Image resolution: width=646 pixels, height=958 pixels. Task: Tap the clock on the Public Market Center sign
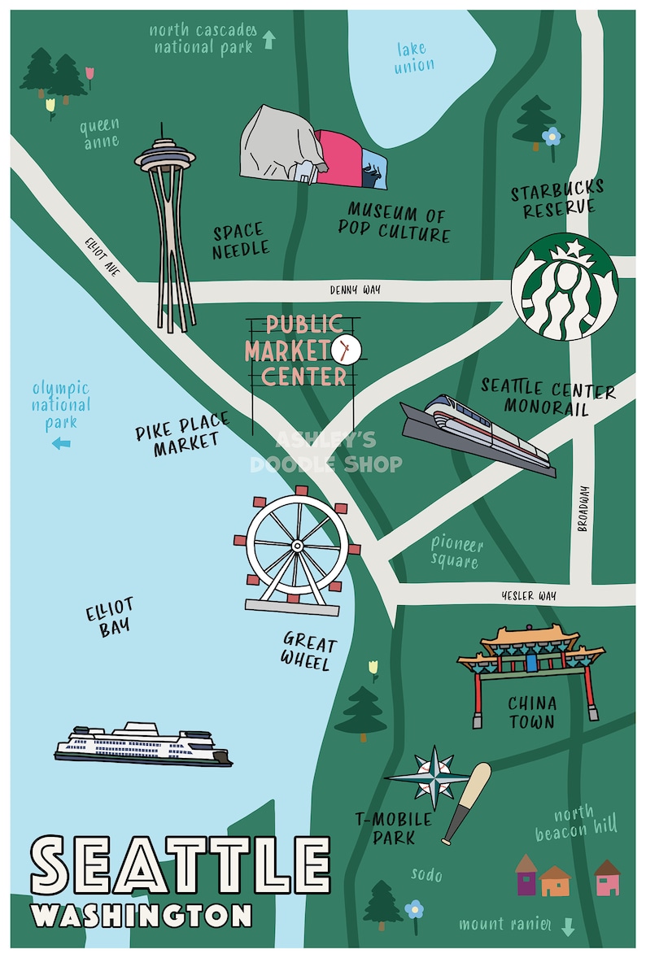[346, 350]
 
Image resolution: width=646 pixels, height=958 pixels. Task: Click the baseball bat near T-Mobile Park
[467, 803]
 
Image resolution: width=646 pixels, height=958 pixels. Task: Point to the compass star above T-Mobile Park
[436, 776]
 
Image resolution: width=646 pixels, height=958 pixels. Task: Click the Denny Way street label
[355, 289]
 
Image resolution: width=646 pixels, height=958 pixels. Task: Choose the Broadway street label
[582, 509]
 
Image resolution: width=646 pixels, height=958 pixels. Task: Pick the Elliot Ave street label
[102, 257]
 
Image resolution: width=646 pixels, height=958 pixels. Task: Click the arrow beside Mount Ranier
[568, 926]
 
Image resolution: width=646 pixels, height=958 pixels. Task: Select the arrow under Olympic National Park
[61, 443]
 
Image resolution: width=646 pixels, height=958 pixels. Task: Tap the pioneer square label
[456, 552]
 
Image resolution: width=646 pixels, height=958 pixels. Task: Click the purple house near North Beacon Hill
[526, 876]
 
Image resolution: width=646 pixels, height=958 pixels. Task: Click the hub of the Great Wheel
[296, 543]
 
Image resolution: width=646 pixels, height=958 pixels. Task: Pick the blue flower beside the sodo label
[414, 907]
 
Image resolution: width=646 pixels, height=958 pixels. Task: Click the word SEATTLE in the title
[180, 864]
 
